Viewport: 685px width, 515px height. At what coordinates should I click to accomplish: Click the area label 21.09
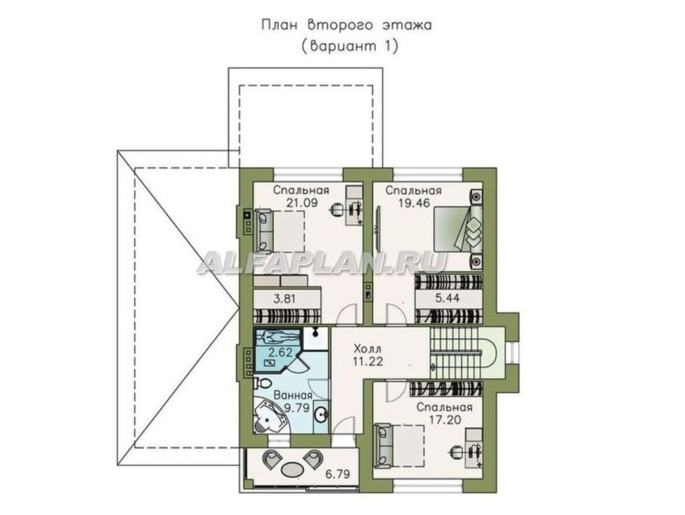pyautogui.click(x=301, y=203)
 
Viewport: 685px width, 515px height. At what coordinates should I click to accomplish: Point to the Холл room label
pyautogui.click(x=367, y=349)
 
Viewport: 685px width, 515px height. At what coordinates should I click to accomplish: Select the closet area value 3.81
pyautogui.click(x=285, y=299)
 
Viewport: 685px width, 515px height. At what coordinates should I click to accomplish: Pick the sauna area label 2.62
pyautogui.click(x=281, y=352)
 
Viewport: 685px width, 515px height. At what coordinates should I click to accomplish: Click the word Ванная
pyautogui.click(x=293, y=396)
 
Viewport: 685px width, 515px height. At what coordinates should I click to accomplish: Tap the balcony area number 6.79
pyautogui.click(x=337, y=474)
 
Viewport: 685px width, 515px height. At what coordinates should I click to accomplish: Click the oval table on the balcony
pyautogui.click(x=291, y=470)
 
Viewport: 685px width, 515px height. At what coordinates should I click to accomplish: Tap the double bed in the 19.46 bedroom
pyautogui.click(x=458, y=230)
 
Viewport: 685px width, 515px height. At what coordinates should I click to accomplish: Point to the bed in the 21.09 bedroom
pyautogui.click(x=279, y=228)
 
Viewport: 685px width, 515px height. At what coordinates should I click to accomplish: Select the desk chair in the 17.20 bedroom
pyautogui.click(x=455, y=452)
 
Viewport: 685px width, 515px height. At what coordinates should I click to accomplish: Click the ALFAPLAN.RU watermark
pyautogui.click(x=322, y=264)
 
